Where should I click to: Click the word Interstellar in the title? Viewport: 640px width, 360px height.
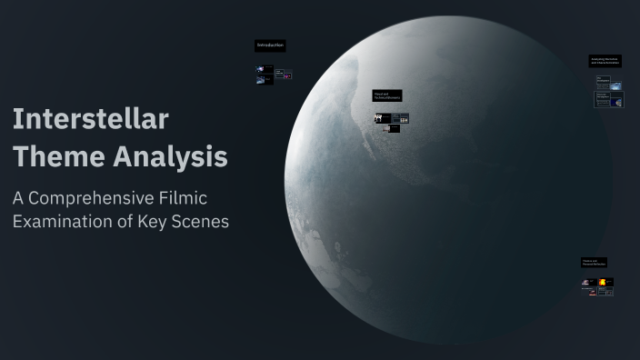90,119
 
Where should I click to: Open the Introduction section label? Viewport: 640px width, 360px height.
270,45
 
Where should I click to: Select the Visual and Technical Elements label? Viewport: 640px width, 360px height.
386,95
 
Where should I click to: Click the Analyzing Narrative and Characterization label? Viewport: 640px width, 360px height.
605,61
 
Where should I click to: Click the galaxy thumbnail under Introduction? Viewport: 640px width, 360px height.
261,69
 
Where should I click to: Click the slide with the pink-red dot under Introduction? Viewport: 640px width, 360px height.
286,75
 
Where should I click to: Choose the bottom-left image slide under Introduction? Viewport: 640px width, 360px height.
261,80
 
